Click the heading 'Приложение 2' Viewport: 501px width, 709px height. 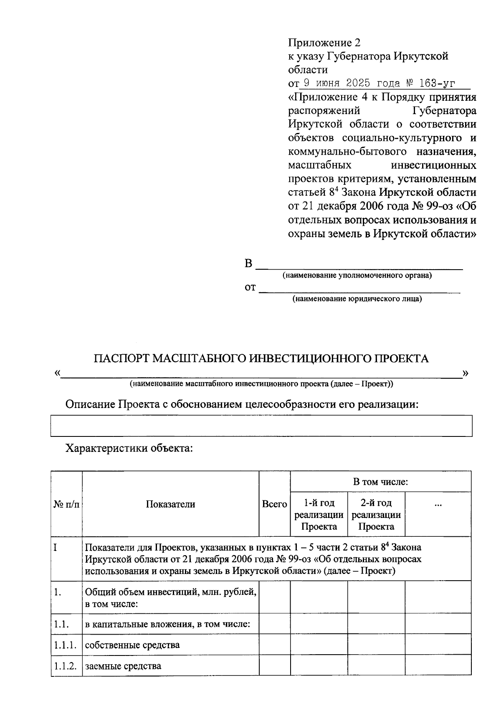point(324,43)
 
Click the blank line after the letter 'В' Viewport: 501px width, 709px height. point(359,265)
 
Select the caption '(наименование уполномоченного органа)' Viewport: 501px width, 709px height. point(357,275)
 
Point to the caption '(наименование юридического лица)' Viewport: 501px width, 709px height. point(357,299)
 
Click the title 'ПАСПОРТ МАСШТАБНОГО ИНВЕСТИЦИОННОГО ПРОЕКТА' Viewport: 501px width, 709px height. point(261,359)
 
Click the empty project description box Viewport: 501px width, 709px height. point(261,426)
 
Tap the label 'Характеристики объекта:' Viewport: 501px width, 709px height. point(129,449)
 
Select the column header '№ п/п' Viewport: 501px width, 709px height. point(66,505)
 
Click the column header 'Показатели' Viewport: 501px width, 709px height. point(170,505)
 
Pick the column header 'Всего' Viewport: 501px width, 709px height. point(274,505)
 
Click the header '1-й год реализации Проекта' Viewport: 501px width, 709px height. point(319,515)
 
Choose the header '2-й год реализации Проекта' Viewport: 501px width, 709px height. point(376,515)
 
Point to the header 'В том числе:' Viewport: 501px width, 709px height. point(380,482)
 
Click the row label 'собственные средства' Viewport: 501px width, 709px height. point(132,645)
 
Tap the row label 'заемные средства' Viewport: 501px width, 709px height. point(123,666)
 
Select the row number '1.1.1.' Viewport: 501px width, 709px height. point(66,645)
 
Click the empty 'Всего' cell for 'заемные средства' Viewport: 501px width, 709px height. point(274,666)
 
